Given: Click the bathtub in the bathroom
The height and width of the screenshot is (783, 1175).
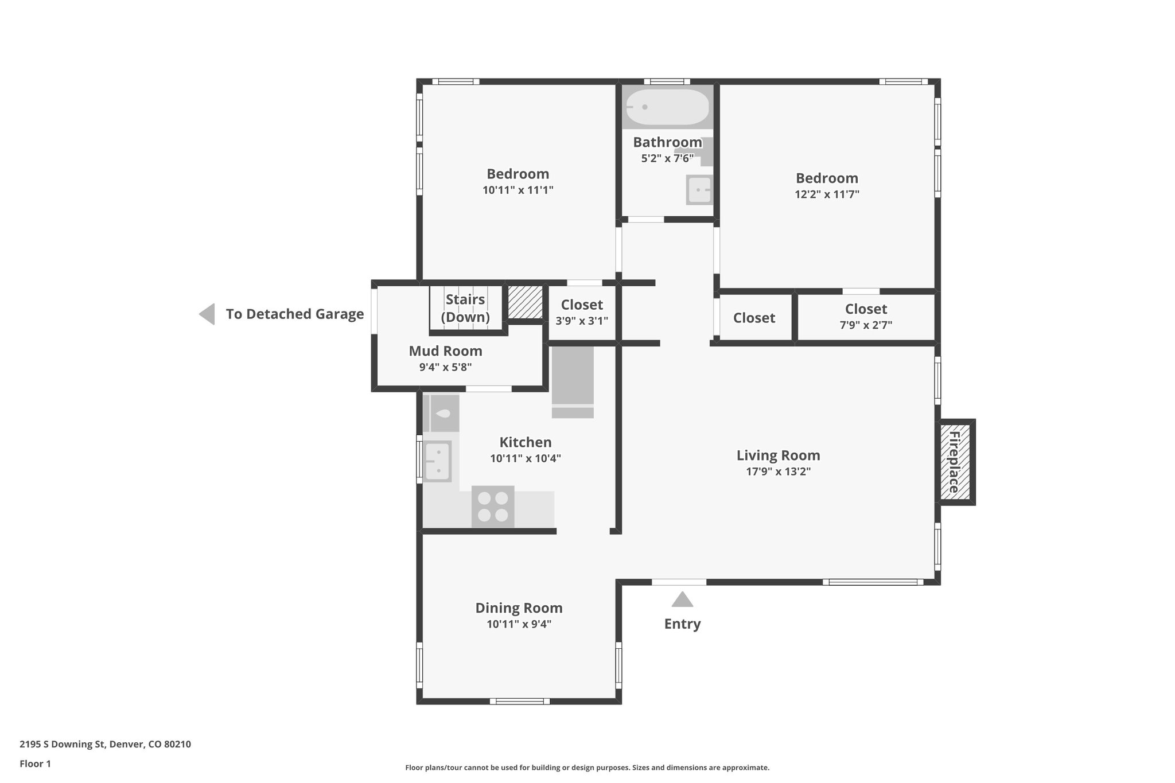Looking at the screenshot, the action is pyautogui.click(x=667, y=107).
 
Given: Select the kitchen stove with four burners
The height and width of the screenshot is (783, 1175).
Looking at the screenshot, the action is pyautogui.click(x=493, y=507).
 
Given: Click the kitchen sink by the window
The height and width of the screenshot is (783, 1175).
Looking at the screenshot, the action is pyautogui.click(x=437, y=461).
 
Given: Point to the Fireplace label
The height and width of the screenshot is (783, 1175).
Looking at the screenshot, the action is pyautogui.click(x=954, y=462).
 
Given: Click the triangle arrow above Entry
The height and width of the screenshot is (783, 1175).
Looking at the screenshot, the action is pyautogui.click(x=682, y=599).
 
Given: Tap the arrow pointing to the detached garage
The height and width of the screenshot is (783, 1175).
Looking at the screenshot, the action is pyautogui.click(x=207, y=314).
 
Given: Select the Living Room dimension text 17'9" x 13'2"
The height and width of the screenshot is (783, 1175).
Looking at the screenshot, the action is pyautogui.click(x=778, y=472).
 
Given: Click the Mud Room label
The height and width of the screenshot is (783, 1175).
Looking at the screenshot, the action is pyautogui.click(x=445, y=350).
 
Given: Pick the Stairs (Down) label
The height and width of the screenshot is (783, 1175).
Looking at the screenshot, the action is pyautogui.click(x=465, y=308).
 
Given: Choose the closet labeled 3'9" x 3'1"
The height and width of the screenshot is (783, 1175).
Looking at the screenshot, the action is pyautogui.click(x=582, y=312).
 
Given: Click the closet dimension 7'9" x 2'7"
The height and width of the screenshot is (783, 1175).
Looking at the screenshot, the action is pyautogui.click(x=866, y=325).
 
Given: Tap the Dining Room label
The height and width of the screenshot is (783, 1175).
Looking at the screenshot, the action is pyautogui.click(x=519, y=607).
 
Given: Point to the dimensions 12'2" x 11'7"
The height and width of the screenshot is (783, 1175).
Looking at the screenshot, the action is pyautogui.click(x=827, y=194).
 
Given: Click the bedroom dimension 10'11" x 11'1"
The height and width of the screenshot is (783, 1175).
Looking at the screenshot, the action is pyautogui.click(x=518, y=190).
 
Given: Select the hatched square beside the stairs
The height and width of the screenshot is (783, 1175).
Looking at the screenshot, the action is pyautogui.click(x=526, y=302).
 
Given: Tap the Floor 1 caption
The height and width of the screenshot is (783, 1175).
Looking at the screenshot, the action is pyautogui.click(x=36, y=763).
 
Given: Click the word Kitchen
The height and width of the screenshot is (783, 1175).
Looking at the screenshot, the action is pyautogui.click(x=526, y=442).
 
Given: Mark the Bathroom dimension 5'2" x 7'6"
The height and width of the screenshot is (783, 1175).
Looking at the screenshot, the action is pyautogui.click(x=667, y=158).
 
